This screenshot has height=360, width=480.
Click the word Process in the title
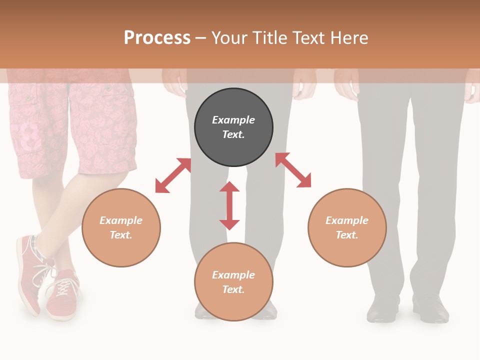(157, 38)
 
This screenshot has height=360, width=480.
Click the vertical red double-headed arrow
(229, 205)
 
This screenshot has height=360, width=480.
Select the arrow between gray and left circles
(173, 175)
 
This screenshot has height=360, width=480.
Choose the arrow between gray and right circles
(293, 170)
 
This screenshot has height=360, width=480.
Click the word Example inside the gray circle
(233, 120)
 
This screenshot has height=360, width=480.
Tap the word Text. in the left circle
(121, 235)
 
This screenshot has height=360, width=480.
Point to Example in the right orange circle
(347, 220)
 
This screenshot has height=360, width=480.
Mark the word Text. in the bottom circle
(233, 289)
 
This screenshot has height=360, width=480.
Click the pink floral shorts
(75, 130)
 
